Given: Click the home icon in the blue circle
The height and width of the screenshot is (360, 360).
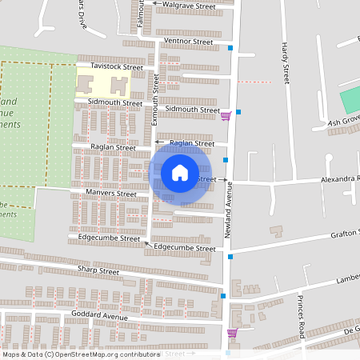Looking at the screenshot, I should [x=180, y=172].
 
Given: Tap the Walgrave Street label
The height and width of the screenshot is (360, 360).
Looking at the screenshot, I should [x=189, y=6].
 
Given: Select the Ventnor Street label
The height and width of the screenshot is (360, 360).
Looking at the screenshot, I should [x=188, y=41].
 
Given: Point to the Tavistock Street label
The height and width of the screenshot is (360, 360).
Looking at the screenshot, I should [x=117, y=67].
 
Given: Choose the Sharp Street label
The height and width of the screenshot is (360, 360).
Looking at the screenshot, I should [x=98, y=272].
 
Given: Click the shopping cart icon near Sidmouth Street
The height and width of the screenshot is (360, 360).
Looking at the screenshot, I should [x=226, y=116].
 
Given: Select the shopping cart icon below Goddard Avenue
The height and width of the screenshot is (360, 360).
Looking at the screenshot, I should [x=233, y=333].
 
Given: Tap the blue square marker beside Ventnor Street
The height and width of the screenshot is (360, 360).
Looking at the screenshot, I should [x=230, y=49].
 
